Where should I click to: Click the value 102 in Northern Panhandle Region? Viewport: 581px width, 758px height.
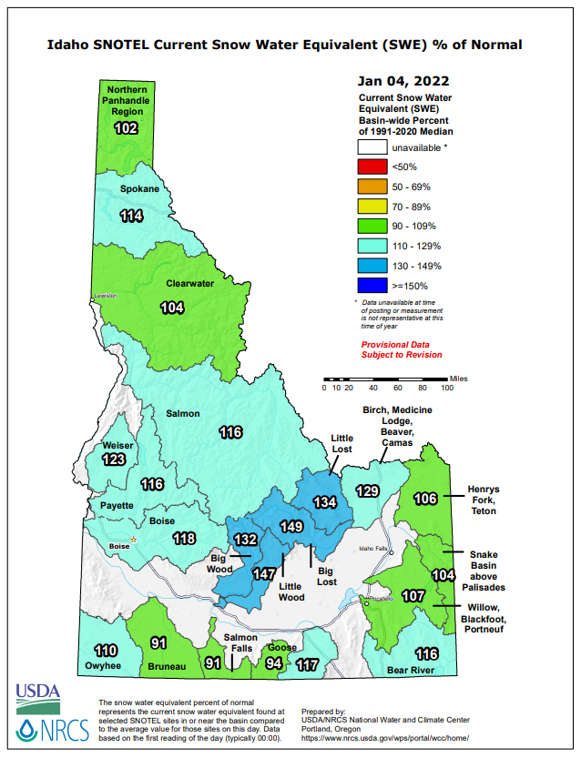126,128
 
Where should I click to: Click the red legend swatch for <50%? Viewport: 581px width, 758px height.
372,166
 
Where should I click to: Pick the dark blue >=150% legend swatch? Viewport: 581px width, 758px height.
372,286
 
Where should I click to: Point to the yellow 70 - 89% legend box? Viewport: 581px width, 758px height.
372,206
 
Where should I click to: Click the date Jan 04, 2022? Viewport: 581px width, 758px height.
403,80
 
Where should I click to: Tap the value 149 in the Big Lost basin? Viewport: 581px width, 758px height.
291,527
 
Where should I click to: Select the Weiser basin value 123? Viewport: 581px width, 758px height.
114,460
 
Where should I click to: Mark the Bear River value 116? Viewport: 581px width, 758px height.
426,654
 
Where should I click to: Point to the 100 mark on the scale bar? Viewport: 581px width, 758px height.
447,388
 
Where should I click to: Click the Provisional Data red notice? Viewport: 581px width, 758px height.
402,349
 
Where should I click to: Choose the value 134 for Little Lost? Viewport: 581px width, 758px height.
325,502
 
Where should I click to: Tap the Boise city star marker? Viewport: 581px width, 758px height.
134,540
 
